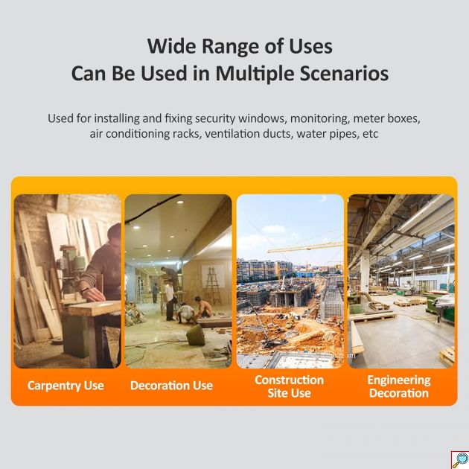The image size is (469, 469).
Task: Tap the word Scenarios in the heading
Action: tap(344, 73)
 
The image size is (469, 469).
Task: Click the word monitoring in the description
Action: tap(319, 119)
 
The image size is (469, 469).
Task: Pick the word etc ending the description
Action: tap(371, 134)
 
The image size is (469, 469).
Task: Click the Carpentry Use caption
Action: tap(66, 386)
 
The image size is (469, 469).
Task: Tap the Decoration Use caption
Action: tap(171, 386)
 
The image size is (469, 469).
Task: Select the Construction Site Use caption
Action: tap(290, 386)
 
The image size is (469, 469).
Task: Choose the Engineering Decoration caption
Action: tap(399, 386)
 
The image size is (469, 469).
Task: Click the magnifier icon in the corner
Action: tap(460, 460)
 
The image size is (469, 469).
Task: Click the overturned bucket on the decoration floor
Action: tap(196, 335)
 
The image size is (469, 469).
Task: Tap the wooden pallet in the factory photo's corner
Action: tap(447, 357)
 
